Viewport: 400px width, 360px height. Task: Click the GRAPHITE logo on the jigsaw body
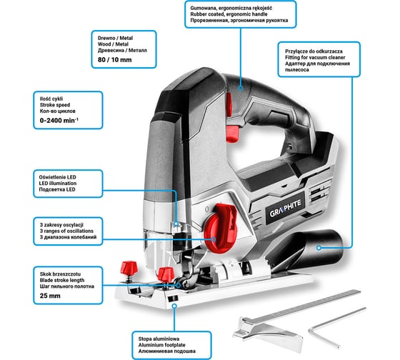pos(286,209)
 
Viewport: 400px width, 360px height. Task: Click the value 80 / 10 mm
pos(115,60)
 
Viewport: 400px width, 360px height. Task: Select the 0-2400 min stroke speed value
pos(59,120)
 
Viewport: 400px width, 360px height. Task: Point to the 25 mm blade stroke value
pos(50,296)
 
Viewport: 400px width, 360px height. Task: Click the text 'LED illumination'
pos(58,183)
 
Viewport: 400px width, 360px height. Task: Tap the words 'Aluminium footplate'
pos(161,345)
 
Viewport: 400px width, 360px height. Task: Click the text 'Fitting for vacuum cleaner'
pos(315,57)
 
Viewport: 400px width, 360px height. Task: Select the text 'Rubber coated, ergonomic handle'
pos(229,14)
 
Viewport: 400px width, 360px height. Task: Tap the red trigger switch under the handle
pos(232,133)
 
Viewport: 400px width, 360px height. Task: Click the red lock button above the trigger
pos(229,105)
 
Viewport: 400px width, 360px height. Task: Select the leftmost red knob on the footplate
pos(129,267)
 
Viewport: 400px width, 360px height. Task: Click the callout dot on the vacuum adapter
pos(319,248)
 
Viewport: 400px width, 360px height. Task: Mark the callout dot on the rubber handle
pos(241,89)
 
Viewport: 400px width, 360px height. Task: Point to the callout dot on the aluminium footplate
pos(174,306)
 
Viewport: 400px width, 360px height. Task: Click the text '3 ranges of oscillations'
pos(66,231)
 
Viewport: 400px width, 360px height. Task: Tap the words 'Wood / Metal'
pos(113,44)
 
